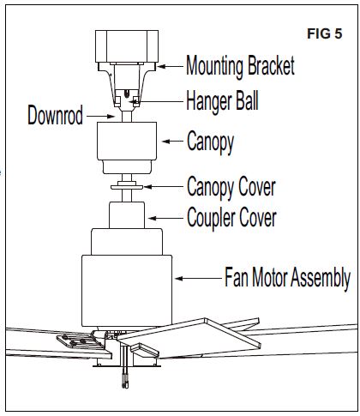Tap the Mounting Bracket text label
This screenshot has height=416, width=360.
240,66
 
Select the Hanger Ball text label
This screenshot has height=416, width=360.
222,100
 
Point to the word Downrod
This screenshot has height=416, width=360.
55,116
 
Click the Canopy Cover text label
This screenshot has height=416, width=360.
231,185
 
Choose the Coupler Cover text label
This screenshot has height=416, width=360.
231,216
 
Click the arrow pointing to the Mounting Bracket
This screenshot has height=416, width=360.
171,66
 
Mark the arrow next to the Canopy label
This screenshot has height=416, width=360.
171,141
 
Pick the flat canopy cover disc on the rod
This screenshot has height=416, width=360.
127,185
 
